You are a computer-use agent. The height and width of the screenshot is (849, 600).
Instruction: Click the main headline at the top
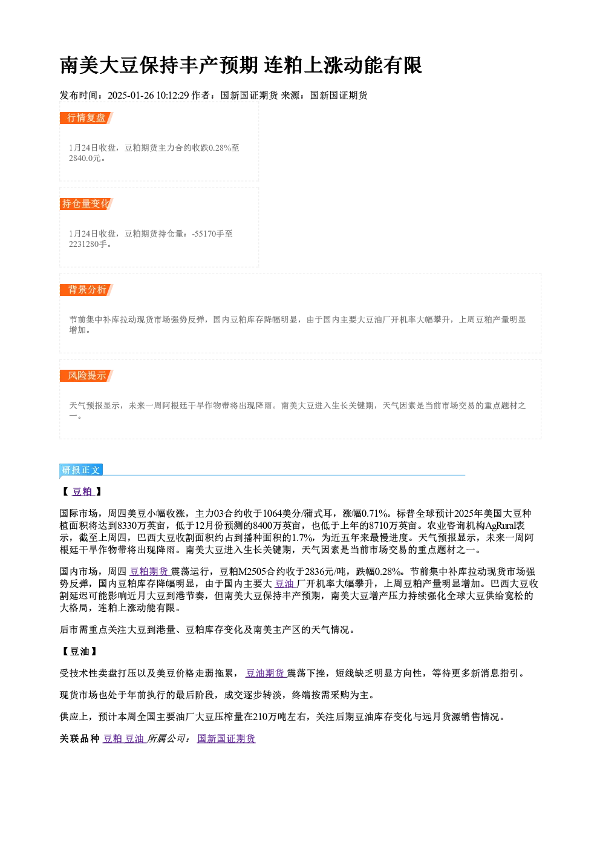tap(241, 65)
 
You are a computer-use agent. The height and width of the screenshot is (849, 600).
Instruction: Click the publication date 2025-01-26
tap(131, 95)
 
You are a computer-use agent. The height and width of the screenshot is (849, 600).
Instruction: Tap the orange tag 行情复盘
tap(86, 118)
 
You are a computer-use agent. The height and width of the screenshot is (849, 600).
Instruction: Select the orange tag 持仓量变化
tap(86, 204)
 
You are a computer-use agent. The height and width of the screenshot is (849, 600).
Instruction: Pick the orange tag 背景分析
tap(86, 290)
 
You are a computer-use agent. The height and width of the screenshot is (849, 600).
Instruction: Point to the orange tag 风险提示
tap(86, 376)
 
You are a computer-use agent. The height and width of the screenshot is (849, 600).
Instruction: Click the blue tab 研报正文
tap(81, 470)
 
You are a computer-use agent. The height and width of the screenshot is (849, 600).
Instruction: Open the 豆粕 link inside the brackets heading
tap(83, 492)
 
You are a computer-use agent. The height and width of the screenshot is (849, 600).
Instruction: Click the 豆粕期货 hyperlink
tap(149, 572)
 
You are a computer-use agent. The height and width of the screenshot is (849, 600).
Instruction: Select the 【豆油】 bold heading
tap(80, 652)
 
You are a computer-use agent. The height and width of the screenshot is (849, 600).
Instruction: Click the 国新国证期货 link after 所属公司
tap(226, 739)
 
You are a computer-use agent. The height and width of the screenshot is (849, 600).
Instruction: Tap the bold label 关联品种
tap(79, 739)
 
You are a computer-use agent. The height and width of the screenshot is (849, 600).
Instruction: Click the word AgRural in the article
tap(500, 526)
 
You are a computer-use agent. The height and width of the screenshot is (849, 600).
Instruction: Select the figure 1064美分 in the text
tap(275, 514)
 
